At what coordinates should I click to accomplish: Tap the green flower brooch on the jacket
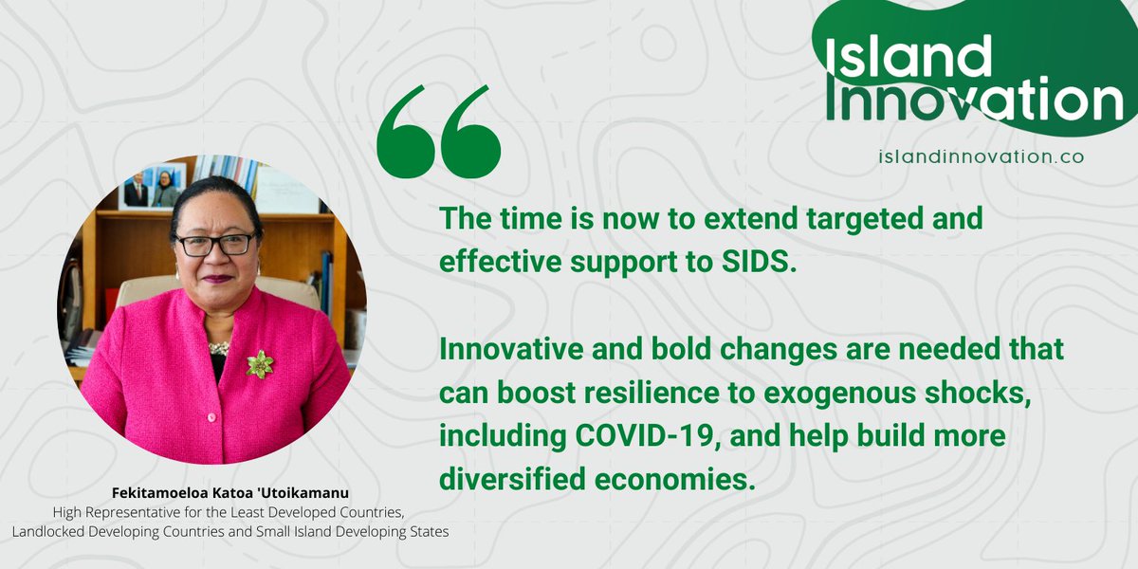pos(260,364)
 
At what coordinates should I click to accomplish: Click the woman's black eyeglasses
pos(216,244)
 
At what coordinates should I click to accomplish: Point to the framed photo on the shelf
pos(152,186)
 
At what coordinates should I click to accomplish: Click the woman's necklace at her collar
pos(219,347)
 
